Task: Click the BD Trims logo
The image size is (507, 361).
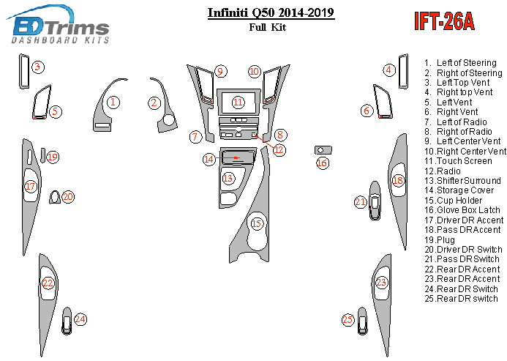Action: pos(60,26)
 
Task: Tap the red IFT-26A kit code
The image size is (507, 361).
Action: pos(444,21)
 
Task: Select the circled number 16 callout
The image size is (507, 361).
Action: pos(322,163)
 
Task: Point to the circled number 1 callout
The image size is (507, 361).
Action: pos(113,102)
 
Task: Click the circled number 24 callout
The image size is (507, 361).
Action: pos(80,319)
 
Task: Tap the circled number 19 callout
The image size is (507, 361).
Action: pos(52,157)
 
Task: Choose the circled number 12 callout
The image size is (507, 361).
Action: pos(279,149)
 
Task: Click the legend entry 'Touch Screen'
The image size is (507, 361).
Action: pos(464,160)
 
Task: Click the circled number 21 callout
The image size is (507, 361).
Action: pos(360,201)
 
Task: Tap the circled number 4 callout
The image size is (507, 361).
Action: pos(389,70)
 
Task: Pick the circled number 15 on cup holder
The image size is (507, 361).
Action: pos(256,223)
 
